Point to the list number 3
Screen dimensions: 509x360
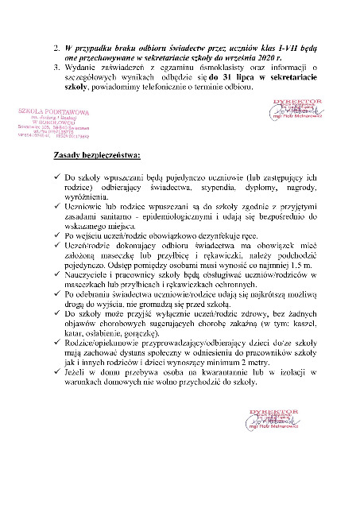[x=56, y=68]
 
